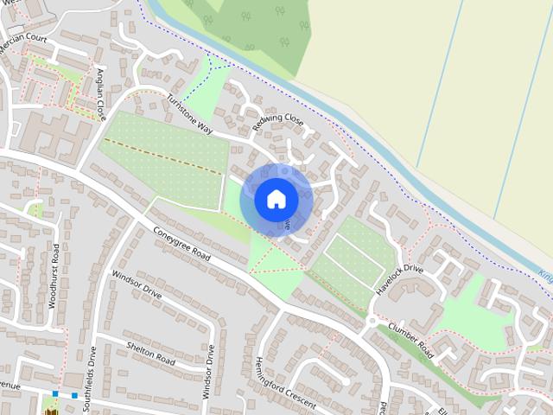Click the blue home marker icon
tap(276, 199)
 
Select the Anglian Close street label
tap(102, 93)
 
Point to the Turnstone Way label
tap(190, 113)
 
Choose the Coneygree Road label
tap(182, 245)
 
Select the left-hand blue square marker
tap(55, 394)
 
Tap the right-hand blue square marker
tap(74, 395)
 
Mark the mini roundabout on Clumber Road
tap(372, 321)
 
